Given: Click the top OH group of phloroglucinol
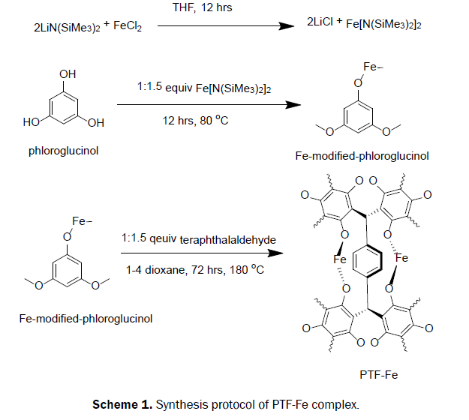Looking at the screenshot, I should [x=68, y=75].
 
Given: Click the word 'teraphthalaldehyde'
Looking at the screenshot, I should [x=226, y=238].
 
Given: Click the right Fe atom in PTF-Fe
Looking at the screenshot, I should [x=402, y=257].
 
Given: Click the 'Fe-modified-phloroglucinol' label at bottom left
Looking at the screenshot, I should [x=86, y=318].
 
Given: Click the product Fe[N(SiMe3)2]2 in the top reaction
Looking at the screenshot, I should [x=386, y=25].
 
